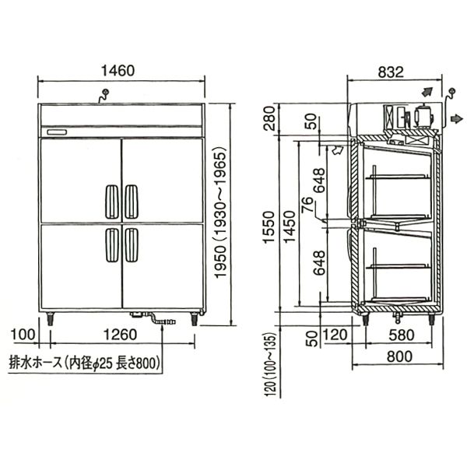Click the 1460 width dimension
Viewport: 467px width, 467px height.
pyautogui.click(x=118, y=71)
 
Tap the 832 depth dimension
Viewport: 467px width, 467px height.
pyautogui.click(x=391, y=72)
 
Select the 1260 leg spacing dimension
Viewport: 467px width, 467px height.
pyautogui.click(x=121, y=335)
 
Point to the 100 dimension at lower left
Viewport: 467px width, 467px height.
pyautogui.click(x=23, y=335)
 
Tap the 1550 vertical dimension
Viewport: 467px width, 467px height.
pyautogui.click(x=269, y=227)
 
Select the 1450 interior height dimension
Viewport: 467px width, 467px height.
pyautogui.click(x=290, y=227)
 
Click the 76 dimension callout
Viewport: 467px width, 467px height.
pyautogui.click(x=307, y=205)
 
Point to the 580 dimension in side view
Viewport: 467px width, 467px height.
pyautogui.click(x=402, y=335)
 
